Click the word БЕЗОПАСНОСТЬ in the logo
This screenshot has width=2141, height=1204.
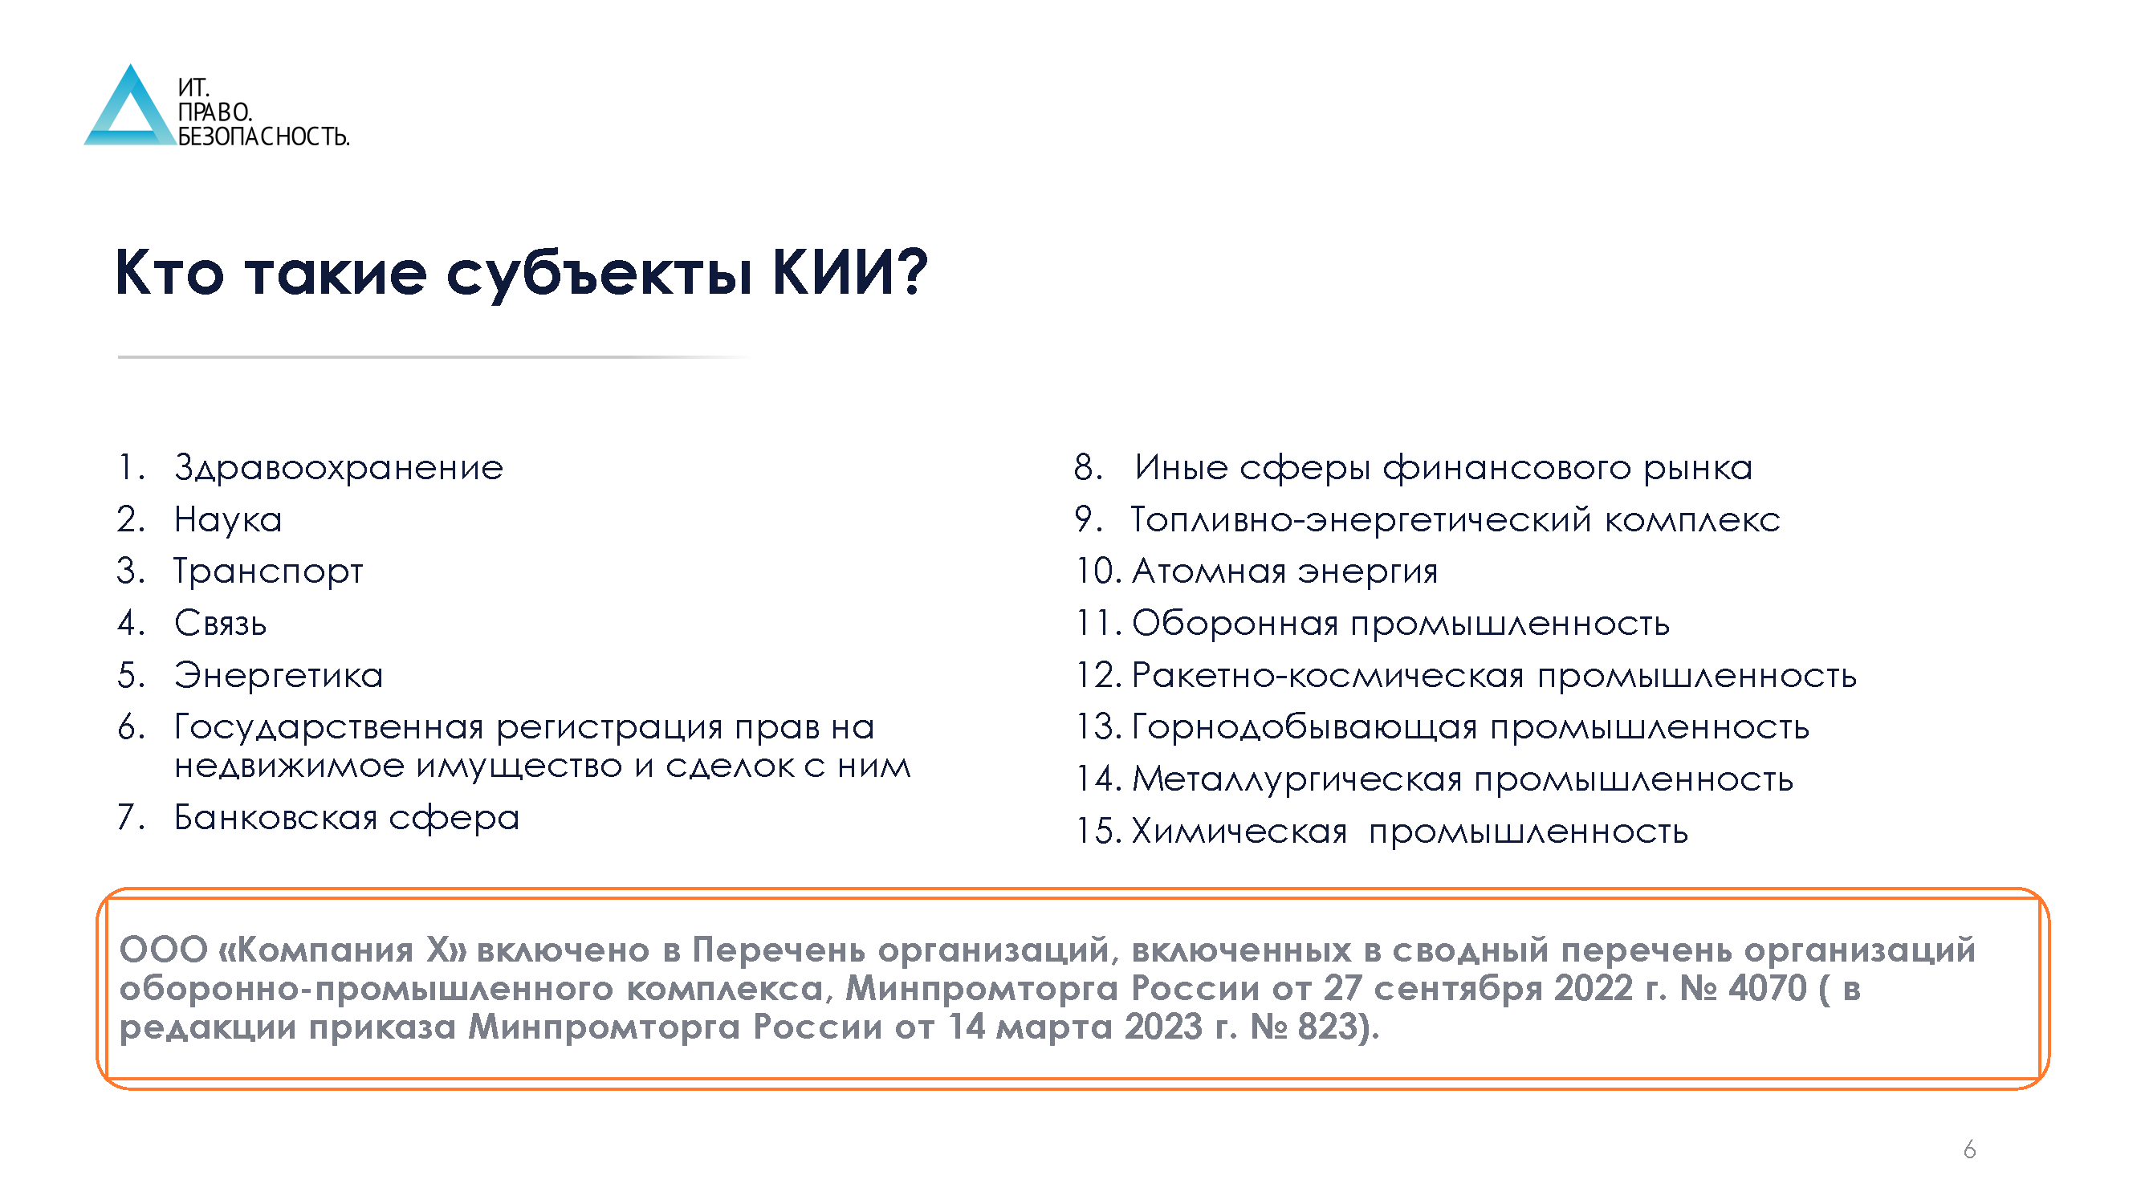pyautogui.click(x=263, y=136)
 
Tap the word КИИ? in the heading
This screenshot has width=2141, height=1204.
pyautogui.click(x=849, y=272)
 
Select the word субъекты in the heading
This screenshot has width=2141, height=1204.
pyautogui.click(x=599, y=275)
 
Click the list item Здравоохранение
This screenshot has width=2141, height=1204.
pyautogui.click(x=338, y=468)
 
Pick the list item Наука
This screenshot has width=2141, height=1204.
pyautogui.click(x=228, y=519)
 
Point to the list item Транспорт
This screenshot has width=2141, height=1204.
pyautogui.click(x=267, y=571)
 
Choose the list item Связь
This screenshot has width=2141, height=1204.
pyautogui.click(x=220, y=623)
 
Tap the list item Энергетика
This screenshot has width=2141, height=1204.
pyautogui.click(x=279, y=675)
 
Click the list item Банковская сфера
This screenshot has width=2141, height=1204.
pyautogui.click(x=347, y=818)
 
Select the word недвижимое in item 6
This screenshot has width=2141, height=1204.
pyautogui.click(x=289, y=766)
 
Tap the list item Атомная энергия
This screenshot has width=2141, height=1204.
pyautogui.click(x=1284, y=571)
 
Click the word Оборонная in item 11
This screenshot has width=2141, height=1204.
pyautogui.click(x=1235, y=623)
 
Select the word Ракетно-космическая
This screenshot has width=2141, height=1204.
pyautogui.click(x=1327, y=676)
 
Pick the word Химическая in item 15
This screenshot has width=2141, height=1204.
pyautogui.click(x=1239, y=831)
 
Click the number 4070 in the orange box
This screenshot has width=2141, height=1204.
pyautogui.click(x=1767, y=989)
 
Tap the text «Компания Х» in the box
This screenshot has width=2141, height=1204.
pyautogui.click(x=342, y=950)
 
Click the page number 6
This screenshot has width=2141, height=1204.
pyautogui.click(x=1969, y=1150)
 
